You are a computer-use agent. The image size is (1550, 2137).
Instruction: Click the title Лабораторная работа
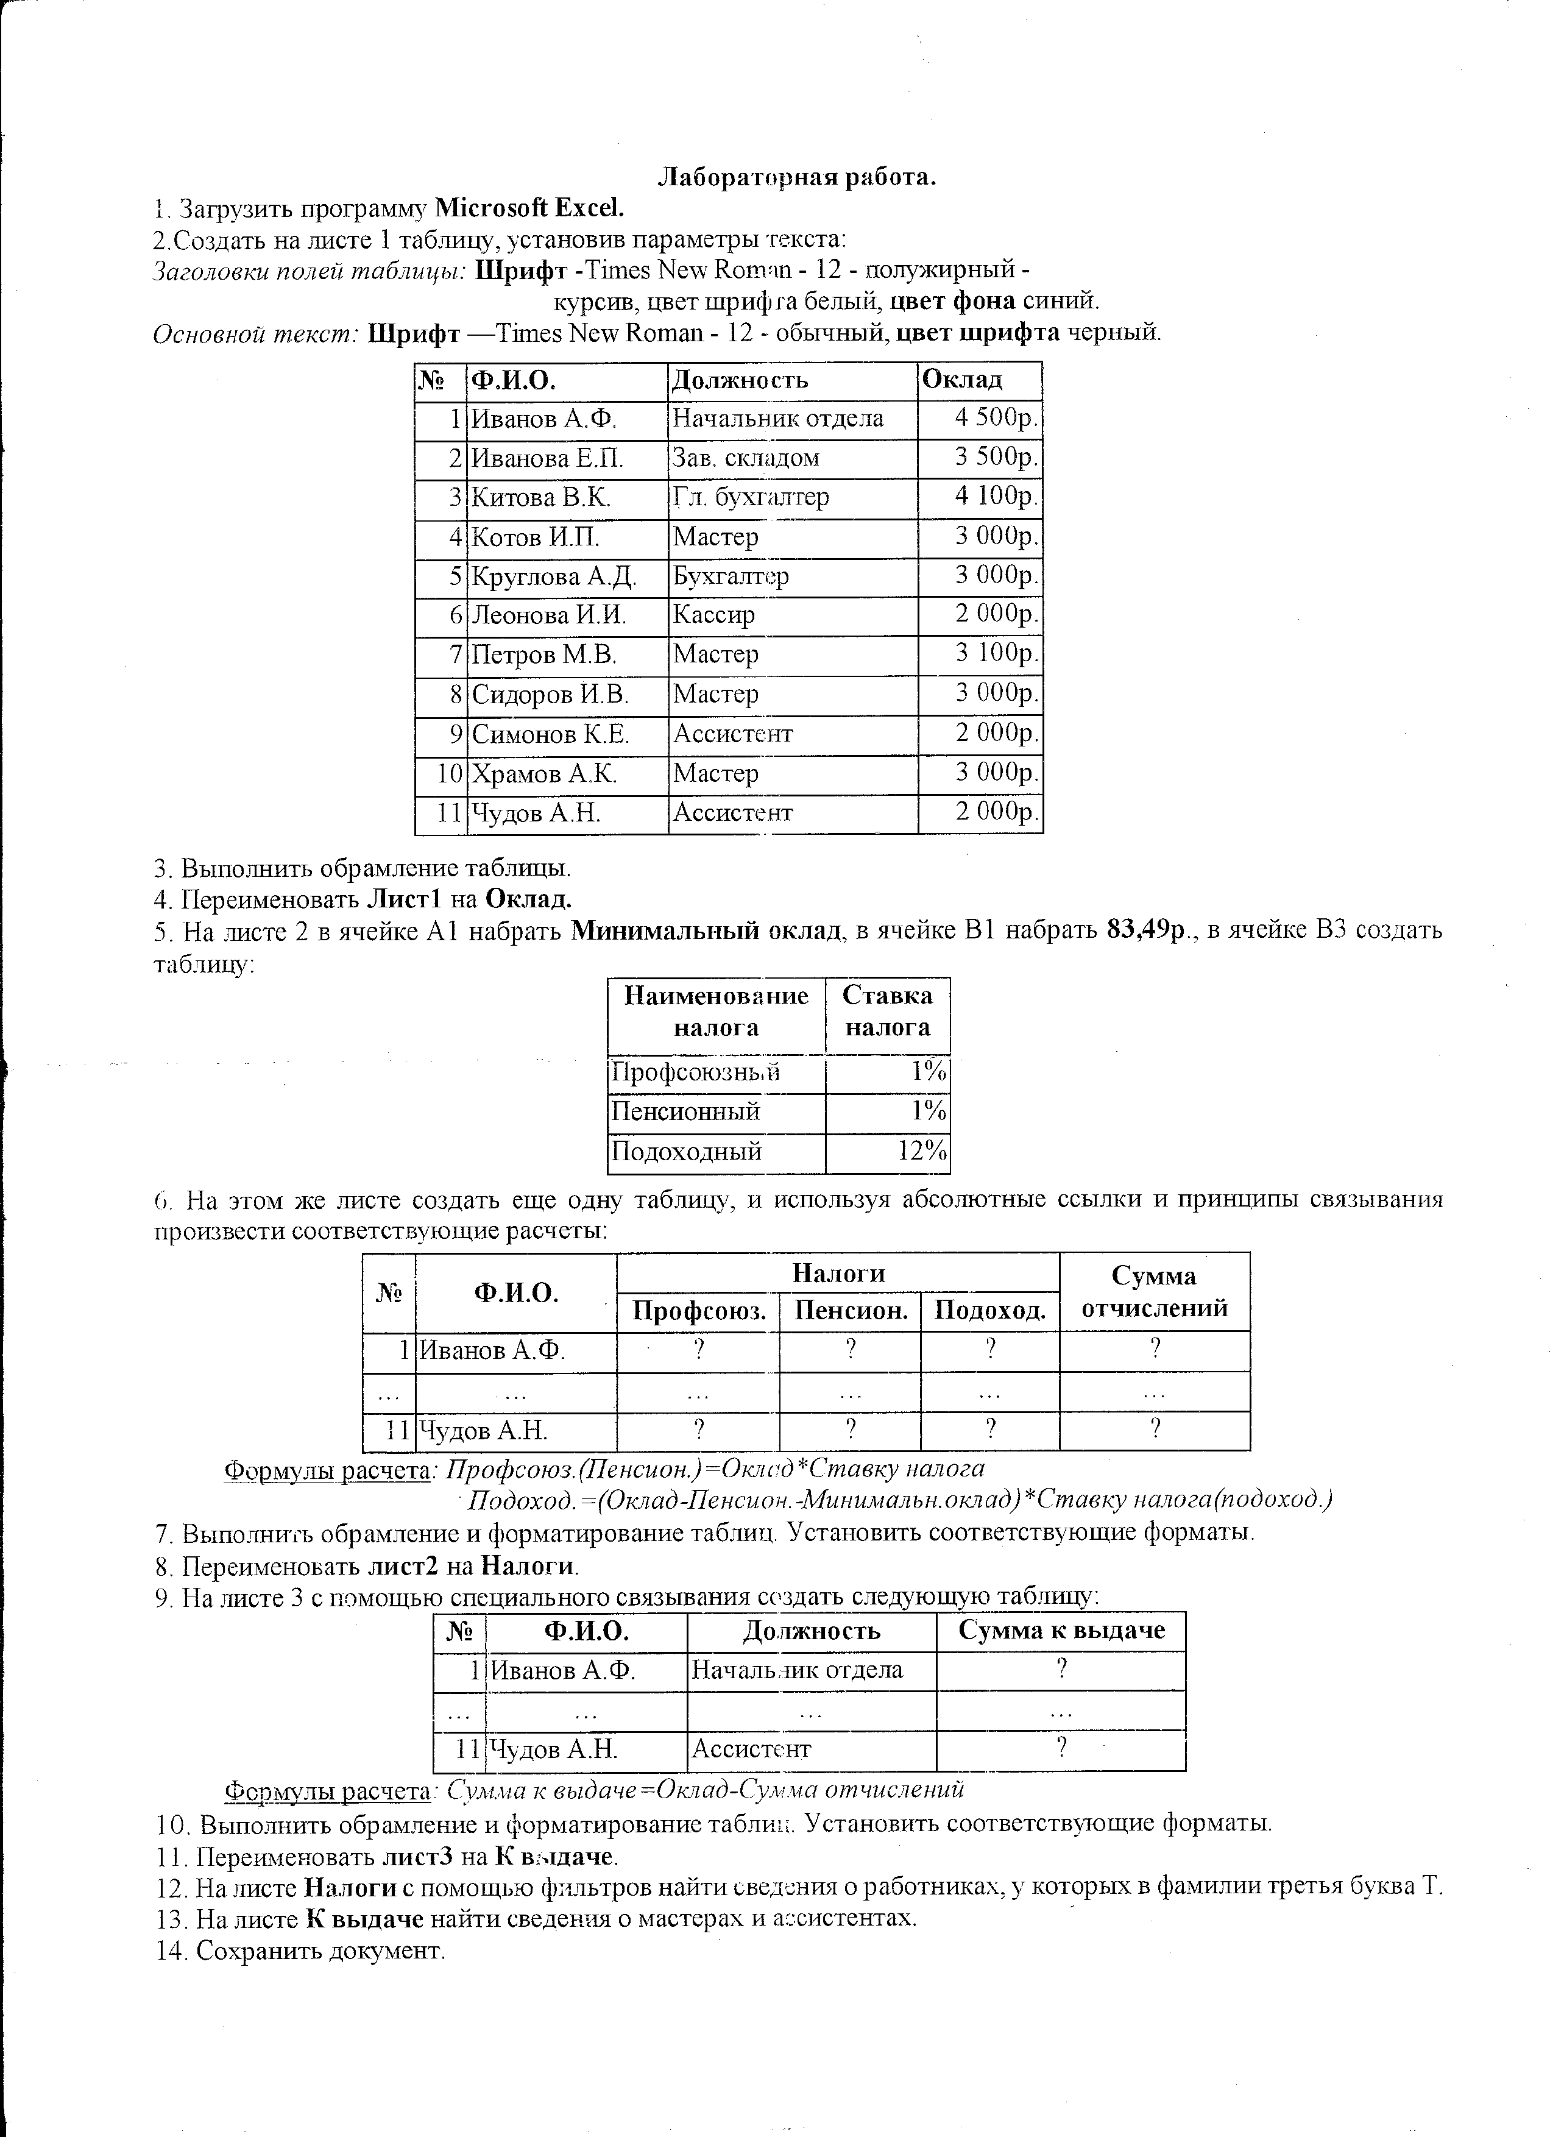pyautogui.click(x=796, y=177)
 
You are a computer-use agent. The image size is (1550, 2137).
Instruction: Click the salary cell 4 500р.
pyautogui.click(x=996, y=419)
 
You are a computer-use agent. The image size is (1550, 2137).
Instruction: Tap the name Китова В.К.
pyautogui.click(x=541, y=497)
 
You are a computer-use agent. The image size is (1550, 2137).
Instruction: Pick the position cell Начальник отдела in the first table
pyautogui.click(x=777, y=419)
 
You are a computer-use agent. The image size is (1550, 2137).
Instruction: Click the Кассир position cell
pyautogui.click(x=713, y=615)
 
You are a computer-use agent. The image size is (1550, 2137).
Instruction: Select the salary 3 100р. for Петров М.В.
pyautogui.click(x=996, y=653)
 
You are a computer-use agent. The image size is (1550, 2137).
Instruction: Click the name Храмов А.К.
pyautogui.click(x=545, y=774)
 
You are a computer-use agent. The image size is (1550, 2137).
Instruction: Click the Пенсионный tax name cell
pyautogui.click(x=686, y=1112)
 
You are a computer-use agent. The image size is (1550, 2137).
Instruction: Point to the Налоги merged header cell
pyautogui.click(x=838, y=1273)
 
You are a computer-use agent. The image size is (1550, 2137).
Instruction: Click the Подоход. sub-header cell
pyautogui.click(x=989, y=1311)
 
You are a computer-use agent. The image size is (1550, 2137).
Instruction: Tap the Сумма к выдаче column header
pyautogui.click(x=1061, y=1631)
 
